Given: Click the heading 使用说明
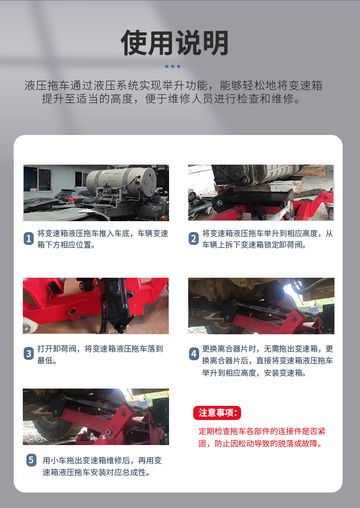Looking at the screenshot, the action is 175,42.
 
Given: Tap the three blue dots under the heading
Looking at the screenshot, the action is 173,67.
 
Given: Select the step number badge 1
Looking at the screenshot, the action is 29,238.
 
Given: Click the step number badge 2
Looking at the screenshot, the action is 194,238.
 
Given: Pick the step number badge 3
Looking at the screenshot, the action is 29,353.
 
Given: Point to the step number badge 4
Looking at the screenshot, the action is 194,353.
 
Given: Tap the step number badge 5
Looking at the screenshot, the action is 31,460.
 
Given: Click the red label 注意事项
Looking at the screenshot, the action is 217,413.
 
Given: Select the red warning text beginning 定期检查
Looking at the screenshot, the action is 262,437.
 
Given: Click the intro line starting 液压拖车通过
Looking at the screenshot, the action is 173,86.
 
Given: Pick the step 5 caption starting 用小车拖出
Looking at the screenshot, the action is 102,467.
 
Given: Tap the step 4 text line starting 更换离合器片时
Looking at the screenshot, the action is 267,349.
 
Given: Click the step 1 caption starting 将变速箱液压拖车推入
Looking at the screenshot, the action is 103,239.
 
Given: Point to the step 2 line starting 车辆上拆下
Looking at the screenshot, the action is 254,245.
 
